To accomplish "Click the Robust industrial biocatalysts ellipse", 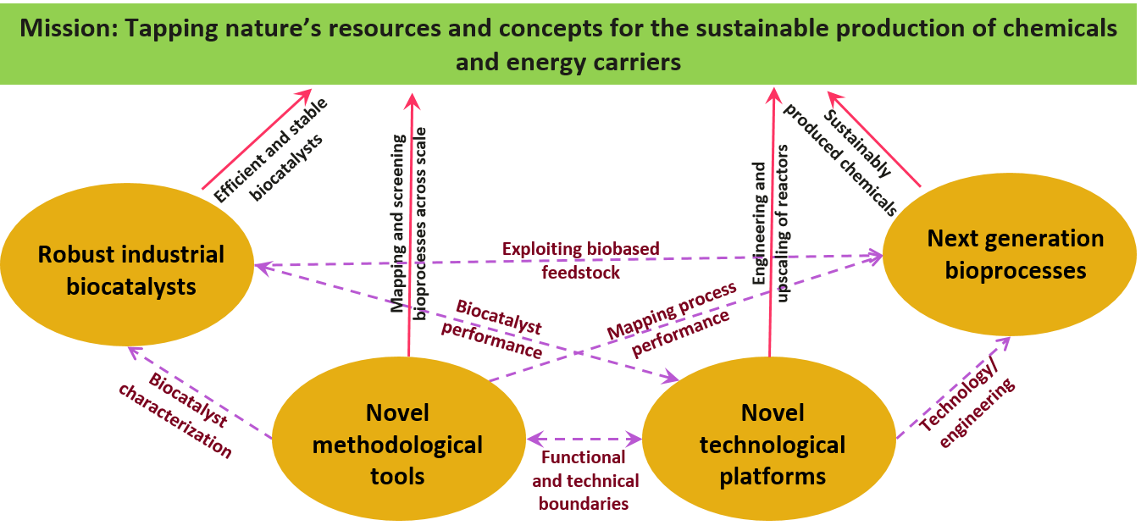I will [x=127, y=270].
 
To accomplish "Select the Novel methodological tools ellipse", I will [x=397, y=444].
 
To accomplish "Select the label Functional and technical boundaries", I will [x=584, y=480].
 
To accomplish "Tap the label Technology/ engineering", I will [x=967, y=407].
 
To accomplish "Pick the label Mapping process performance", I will [x=673, y=318].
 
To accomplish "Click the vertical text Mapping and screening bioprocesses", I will [x=408, y=220].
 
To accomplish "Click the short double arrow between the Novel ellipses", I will [x=584, y=439].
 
